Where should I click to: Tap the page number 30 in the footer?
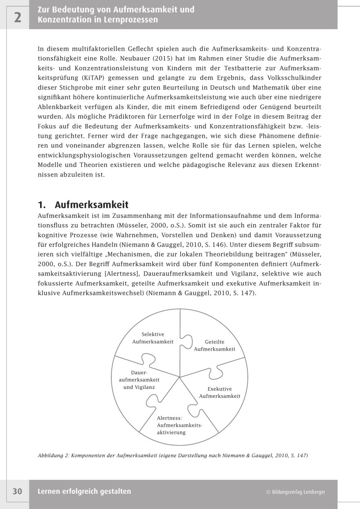[x=17, y=491]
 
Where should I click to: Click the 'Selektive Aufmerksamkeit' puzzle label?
[x=153, y=338]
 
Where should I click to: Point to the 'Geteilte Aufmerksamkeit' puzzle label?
[x=214, y=345]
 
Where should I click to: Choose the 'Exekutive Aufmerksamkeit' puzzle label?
[x=220, y=392]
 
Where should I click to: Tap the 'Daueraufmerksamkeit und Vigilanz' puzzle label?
[x=139, y=380]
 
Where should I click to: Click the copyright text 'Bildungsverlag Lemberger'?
[x=295, y=492]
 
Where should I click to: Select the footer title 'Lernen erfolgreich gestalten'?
[x=84, y=491]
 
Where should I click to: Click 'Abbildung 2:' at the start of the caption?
[x=54, y=455]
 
